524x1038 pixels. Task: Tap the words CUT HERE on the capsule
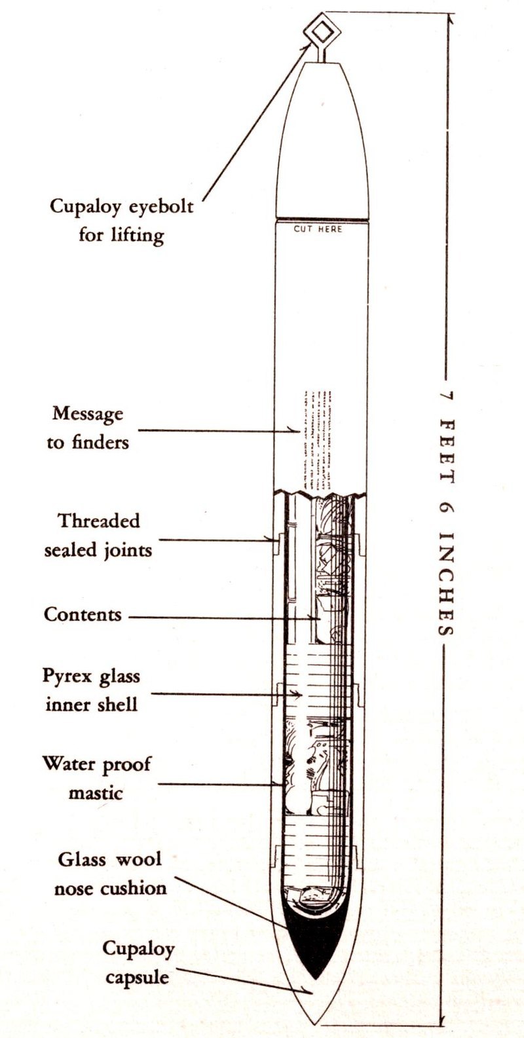click(318, 229)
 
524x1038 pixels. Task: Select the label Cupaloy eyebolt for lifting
click(122, 220)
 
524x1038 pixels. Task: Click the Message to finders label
click(88, 428)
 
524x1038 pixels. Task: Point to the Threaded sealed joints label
click(98, 535)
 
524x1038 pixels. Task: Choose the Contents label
click(83, 615)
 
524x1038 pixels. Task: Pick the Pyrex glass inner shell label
click(92, 690)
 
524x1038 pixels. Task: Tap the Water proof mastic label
click(96, 778)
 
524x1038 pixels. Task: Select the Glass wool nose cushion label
click(110, 873)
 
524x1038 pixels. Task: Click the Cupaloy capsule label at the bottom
click(138, 963)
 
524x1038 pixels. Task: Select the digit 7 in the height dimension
click(446, 397)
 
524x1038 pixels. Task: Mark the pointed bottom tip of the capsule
click(317, 1022)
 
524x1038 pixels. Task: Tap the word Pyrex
click(66, 675)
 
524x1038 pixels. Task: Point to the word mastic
click(96, 792)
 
